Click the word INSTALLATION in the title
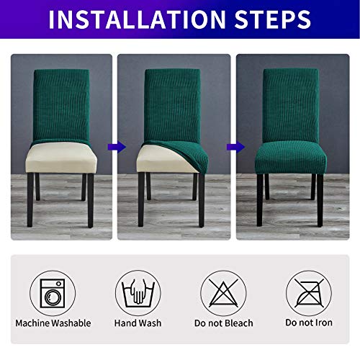click(138, 19)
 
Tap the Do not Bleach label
click(221, 323)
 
